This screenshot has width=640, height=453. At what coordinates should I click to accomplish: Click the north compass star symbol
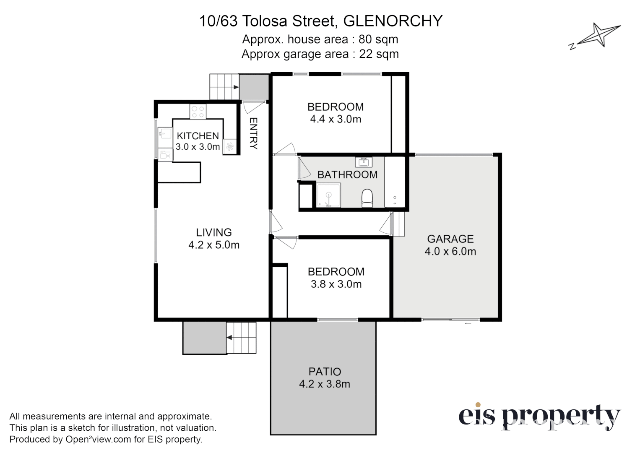[x=599, y=36]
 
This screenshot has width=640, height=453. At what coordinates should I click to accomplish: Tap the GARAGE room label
[x=450, y=239]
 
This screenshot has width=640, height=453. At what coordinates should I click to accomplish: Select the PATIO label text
[x=325, y=372]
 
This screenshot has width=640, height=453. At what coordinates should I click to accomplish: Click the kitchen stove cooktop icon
[x=198, y=112]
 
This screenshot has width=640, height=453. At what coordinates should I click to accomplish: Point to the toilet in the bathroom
[x=367, y=198]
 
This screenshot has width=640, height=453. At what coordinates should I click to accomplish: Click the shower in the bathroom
[x=328, y=195]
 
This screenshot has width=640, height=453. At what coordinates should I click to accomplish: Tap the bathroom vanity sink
[x=363, y=161]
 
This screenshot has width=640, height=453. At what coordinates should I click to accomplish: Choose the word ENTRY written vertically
[x=253, y=133]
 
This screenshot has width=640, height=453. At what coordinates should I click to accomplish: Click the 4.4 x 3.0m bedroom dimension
[x=336, y=119]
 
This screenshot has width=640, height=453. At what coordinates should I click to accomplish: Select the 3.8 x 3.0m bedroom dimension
[x=336, y=284]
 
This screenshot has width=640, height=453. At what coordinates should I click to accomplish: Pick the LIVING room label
[x=214, y=232]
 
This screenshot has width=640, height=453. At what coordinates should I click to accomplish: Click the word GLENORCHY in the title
[x=393, y=21]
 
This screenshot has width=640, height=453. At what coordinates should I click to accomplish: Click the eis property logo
[x=539, y=416]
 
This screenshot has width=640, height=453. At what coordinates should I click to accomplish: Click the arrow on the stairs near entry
[x=235, y=87]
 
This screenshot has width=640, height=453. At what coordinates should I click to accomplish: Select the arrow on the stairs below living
[x=230, y=337]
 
